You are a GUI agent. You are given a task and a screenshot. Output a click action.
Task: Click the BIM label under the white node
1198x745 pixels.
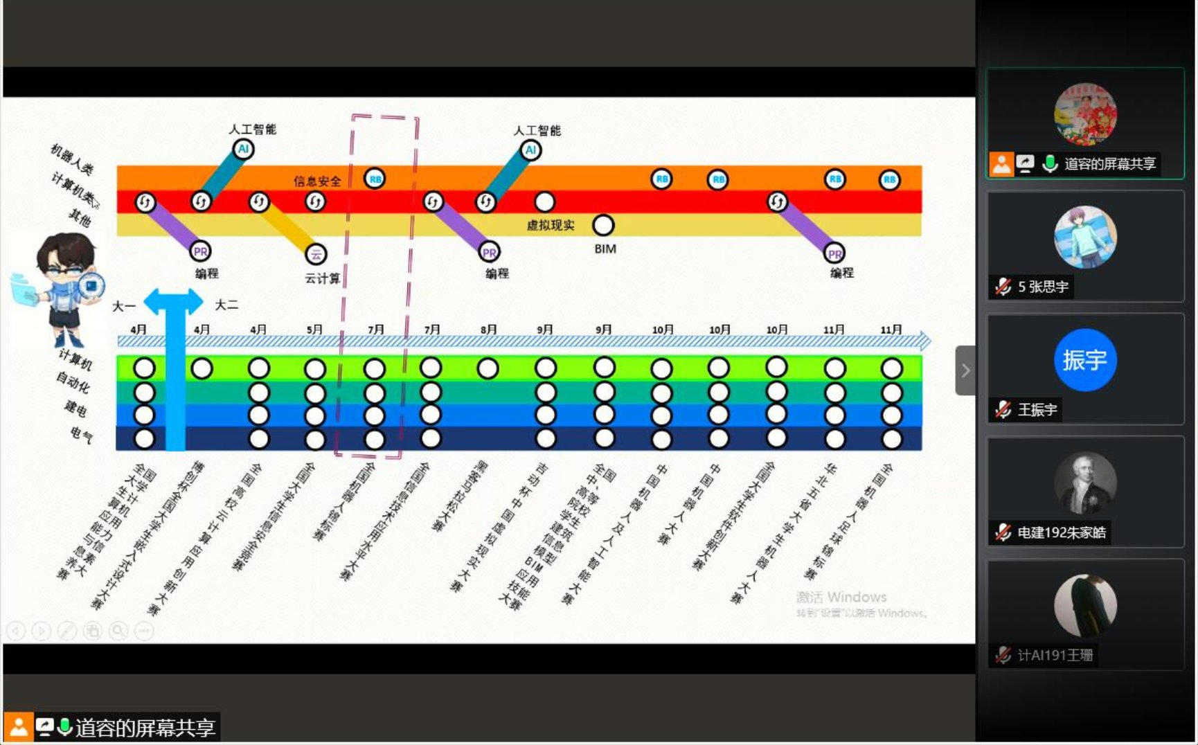point(605,249)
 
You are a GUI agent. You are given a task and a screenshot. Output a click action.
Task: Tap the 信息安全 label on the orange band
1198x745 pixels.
point(317,181)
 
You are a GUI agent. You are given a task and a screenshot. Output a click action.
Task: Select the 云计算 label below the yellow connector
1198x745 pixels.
point(322,278)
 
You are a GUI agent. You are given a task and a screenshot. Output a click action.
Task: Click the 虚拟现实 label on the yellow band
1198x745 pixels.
point(551,225)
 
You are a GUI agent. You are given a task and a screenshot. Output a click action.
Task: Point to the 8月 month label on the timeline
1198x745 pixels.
point(488,330)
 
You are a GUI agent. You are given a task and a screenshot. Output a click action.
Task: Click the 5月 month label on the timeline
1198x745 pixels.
point(314,330)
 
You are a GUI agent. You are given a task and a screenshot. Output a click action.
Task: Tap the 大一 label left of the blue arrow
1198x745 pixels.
point(124,306)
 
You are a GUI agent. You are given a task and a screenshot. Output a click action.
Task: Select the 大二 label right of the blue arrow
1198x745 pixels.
point(226,305)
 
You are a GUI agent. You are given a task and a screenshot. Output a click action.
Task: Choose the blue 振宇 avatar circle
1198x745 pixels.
point(1084,360)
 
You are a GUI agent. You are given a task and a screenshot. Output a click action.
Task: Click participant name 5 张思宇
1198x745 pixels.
point(1043,287)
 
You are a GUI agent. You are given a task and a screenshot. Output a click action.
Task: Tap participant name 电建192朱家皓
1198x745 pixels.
point(1061,532)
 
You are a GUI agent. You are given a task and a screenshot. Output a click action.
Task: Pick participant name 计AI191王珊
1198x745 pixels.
point(1055,655)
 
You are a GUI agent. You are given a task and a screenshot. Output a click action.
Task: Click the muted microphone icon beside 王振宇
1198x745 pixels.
point(1003,410)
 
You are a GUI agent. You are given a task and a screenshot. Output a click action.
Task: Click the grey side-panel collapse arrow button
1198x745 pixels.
point(965,370)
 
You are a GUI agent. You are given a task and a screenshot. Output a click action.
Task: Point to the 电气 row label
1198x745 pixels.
point(81,434)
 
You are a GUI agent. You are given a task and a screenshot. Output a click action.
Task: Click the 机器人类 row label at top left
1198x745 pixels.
point(72,159)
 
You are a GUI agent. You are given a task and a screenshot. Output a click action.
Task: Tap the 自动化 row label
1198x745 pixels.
point(73,382)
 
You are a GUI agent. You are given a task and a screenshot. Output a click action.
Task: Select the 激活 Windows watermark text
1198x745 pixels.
point(841,597)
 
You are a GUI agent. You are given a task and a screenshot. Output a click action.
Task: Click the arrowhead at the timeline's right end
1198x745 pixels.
point(925,341)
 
